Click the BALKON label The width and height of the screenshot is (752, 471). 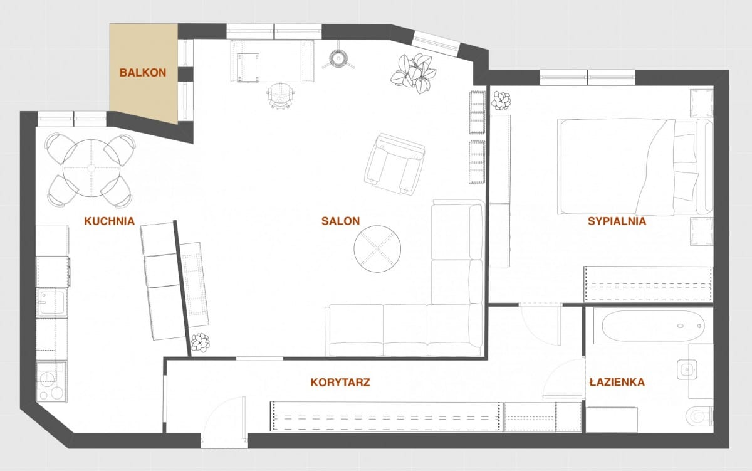click(143, 73)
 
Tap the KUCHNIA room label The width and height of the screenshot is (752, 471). click(110, 221)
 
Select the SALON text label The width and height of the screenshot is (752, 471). click(340, 221)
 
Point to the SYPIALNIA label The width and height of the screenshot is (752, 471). click(617, 221)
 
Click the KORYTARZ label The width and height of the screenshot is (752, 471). click(340, 383)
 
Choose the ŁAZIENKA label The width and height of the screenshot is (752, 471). click(617, 382)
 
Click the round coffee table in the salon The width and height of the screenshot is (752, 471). click(377, 249)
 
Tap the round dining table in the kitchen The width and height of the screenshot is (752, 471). click(91, 168)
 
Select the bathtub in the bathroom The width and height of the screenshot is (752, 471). click(653, 326)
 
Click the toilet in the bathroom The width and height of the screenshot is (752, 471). click(699, 416)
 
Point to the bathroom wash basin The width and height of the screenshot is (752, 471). click(687, 370)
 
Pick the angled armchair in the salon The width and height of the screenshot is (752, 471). click(394, 164)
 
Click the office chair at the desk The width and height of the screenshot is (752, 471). click(281, 95)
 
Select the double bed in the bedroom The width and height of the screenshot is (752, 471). click(635, 166)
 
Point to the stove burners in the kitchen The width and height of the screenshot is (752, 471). click(51, 382)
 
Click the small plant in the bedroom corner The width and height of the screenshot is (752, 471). click(501, 100)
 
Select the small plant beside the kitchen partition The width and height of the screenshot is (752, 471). click(201, 342)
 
